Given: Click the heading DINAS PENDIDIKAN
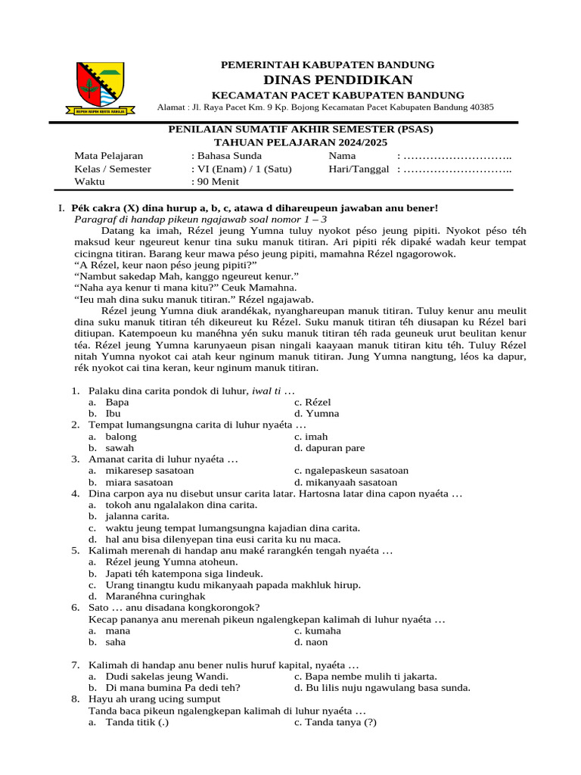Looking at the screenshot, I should click(x=338, y=80).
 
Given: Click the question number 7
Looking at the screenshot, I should click(x=76, y=665).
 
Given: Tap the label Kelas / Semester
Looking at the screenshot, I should click(x=113, y=169).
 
